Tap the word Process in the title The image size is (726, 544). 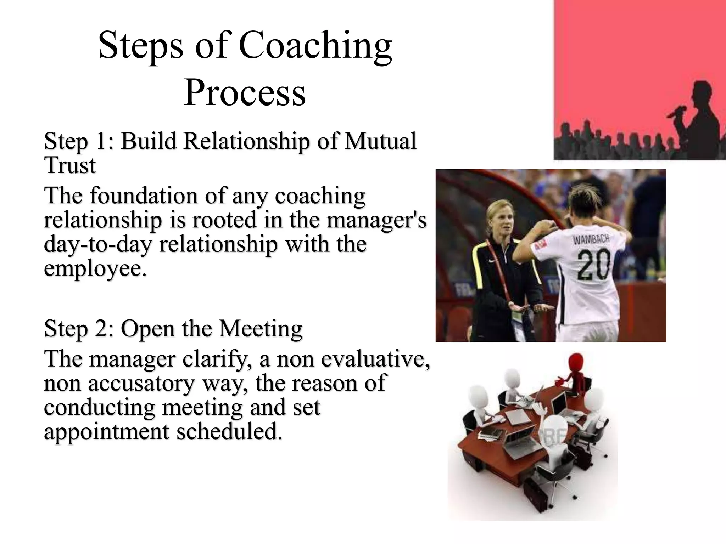[x=244, y=93]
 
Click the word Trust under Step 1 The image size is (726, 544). [x=70, y=165]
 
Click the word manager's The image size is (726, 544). [x=376, y=220]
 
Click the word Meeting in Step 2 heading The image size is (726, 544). [x=261, y=329]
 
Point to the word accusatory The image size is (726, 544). [x=141, y=384]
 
